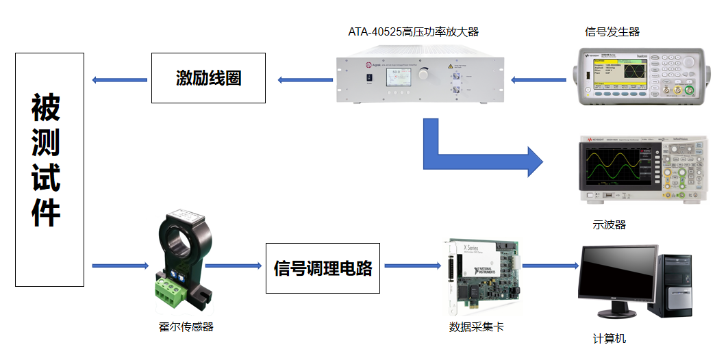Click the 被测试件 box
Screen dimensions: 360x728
[x=49, y=170]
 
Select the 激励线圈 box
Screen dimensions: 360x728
[x=208, y=78]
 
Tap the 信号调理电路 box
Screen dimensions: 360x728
[x=323, y=268]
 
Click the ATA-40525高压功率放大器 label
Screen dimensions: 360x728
[x=413, y=31]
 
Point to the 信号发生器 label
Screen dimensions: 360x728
[x=612, y=31]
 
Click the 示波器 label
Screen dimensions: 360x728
[x=609, y=224]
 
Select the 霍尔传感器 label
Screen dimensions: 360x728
[x=186, y=326]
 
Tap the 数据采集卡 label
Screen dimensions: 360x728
[x=476, y=326]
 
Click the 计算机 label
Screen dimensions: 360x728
[x=609, y=338]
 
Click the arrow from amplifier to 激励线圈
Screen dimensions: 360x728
[x=304, y=80]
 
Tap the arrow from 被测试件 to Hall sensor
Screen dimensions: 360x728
[x=121, y=266]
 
